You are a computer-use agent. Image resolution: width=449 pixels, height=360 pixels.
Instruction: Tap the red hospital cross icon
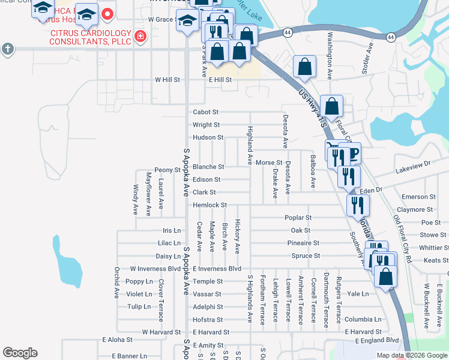pyautogui.click(x=140, y=37)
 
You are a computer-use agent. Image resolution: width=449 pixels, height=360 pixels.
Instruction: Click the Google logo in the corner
pyautogui.click(x=20, y=353)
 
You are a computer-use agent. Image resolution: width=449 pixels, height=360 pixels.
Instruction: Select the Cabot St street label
pyautogui.click(x=205, y=112)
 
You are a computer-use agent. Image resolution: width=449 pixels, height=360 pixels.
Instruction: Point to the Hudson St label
pyautogui.click(x=208, y=137)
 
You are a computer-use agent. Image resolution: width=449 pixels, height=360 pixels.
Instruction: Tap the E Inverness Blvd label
pyautogui.click(x=217, y=269)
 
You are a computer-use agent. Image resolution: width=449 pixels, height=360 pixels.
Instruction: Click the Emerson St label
pyautogui.click(x=418, y=197)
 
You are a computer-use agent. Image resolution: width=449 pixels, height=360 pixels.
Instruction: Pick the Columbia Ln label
pyautogui.click(x=363, y=319)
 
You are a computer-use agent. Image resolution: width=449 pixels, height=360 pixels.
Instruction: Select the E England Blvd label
pyautogui.click(x=376, y=340)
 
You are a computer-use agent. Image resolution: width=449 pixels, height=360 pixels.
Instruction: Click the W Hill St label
pyautogui.click(x=167, y=79)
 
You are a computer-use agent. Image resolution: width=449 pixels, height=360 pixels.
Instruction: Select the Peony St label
pyautogui.click(x=167, y=170)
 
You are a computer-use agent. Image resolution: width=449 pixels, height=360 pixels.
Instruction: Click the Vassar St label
pyautogui.click(x=207, y=294)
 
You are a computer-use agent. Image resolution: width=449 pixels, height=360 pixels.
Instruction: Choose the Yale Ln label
pyautogui.click(x=358, y=294)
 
